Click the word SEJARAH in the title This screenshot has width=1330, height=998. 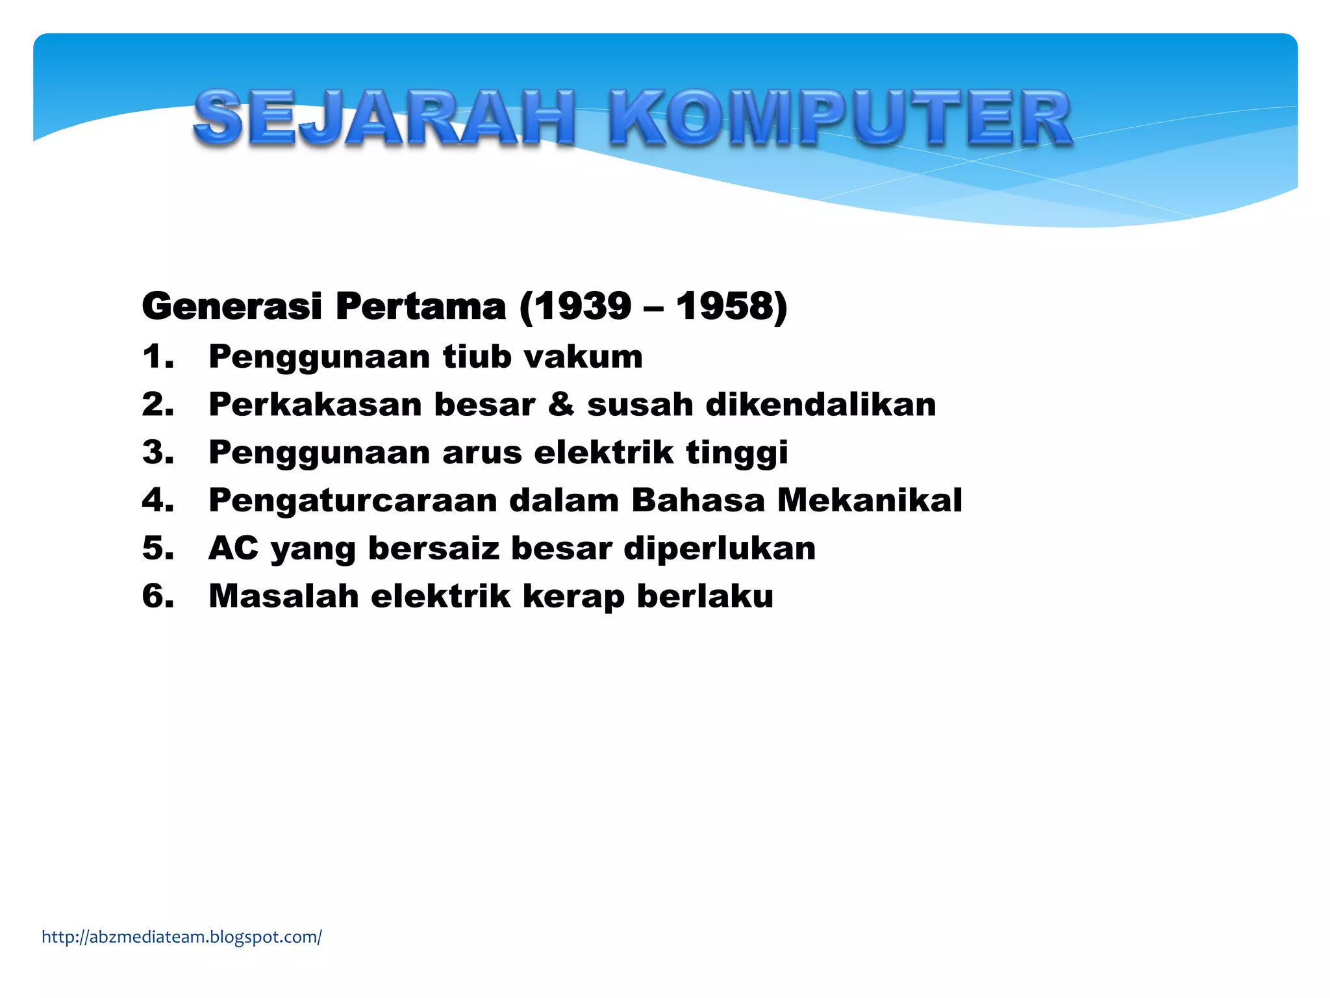pos(384,118)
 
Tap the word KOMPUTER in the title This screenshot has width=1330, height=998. pos(840,118)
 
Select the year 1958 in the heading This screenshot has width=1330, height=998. pos(725,306)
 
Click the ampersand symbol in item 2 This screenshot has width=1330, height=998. pos(561,405)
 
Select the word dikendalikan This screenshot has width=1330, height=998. pos(821,405)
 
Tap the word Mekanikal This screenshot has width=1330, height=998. pos(870,500)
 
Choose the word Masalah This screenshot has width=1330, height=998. pos(284,596)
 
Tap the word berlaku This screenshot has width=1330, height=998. pos(705,596)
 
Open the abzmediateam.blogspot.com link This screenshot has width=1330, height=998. pos(182,937)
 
